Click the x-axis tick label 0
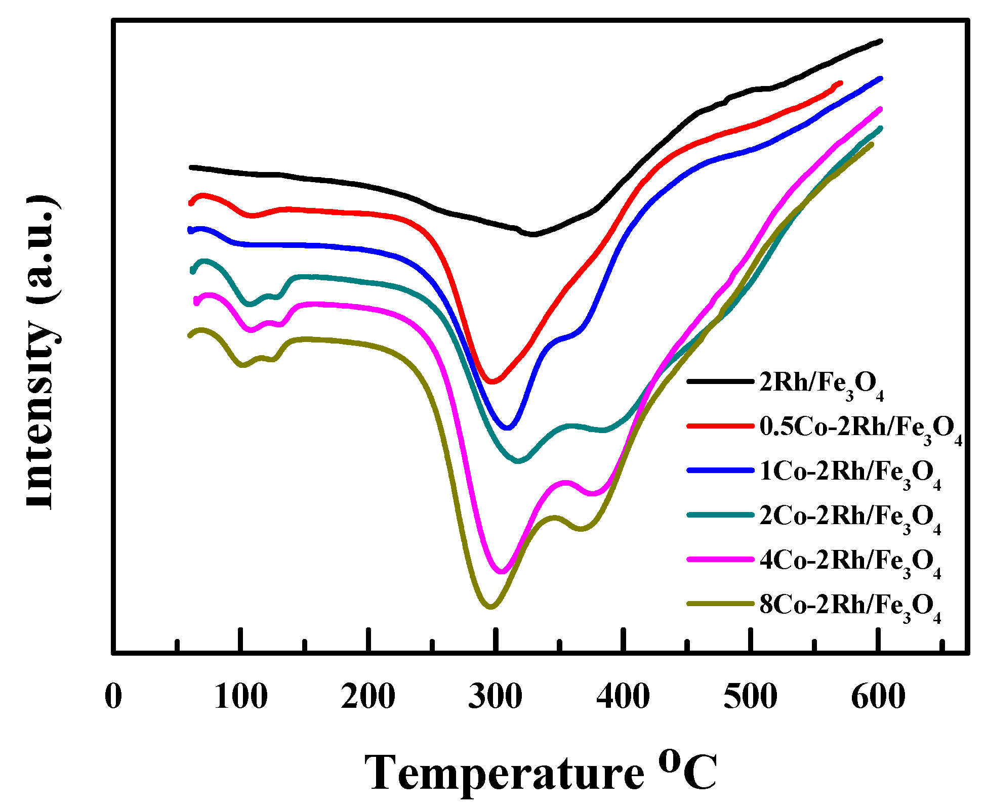point(113,696)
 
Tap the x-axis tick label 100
point(241,696)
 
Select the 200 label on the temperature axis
point(368,696)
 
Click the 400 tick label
point(623,696)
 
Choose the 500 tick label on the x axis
point(751,696)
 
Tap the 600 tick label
point(878,696)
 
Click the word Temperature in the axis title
point(504,773)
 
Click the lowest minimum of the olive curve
point(490,607)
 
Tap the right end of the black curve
point(881,41)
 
